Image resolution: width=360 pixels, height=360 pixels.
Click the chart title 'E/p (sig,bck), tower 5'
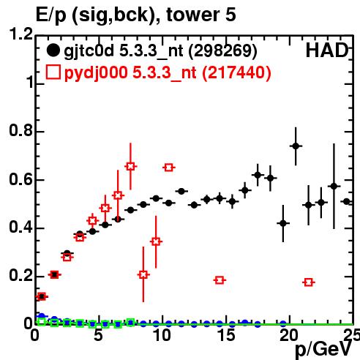pyautogui.click(x=136, y=15)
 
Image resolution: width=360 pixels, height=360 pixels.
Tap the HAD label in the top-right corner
pyautogui.click(x=327, y=50)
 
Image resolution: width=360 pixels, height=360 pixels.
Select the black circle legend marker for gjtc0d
pyautogui.click(x=53, y=50)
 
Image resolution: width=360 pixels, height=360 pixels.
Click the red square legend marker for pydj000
pyautogui.click(x=53, y=72)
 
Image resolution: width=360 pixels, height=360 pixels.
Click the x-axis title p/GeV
pyautogui.click(x=323, y=350)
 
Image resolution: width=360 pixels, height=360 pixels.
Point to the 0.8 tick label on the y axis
pyautogui.click(x=20, y=130)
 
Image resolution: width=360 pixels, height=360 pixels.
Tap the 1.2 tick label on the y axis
pyautogui.click(x=20, y=34)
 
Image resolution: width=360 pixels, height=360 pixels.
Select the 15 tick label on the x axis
pyautogui.click(x=227, y=335)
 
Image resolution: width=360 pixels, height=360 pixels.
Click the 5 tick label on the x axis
pyautogui.click(x=98, y=335)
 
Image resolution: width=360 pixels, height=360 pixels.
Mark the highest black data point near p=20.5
pyautogui.click(x=296, y=146)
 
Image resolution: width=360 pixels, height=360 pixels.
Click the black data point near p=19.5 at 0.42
pyautogui.click(x=283, y=223)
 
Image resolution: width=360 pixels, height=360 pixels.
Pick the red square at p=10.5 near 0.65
pyautogui.click(x=169, y=168)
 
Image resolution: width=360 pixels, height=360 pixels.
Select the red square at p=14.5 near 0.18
pyautogui.click(x=220, y=280)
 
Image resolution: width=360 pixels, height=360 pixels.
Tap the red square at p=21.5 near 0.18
pyautogui.click(x=309, y=282)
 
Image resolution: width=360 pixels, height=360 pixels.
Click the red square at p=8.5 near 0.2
pyautogui.click(x=143, y=274)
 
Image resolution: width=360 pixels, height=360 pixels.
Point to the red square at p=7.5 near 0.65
pyautogui.click(x=131, y=167)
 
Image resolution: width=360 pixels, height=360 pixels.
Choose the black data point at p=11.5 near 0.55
pyautogui.click(x=181, y=191)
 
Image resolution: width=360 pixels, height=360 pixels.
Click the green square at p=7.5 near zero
pyautogui.click(x=131, y=323)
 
